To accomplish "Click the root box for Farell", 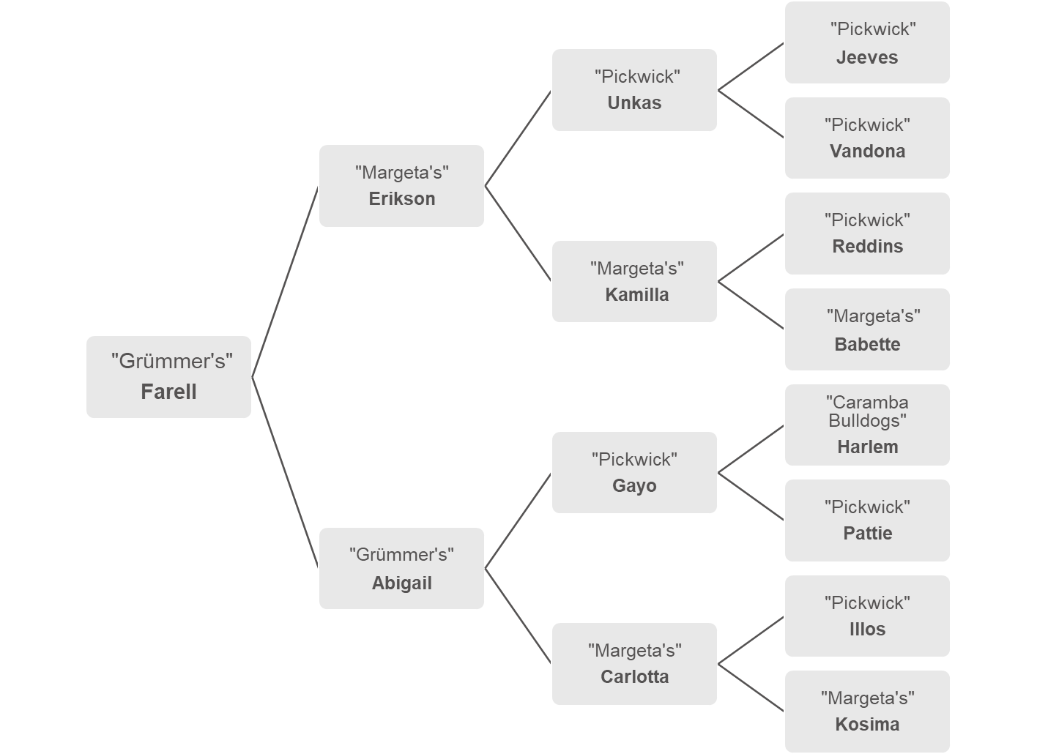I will pos(168,377).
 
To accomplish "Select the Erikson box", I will pos(401,186).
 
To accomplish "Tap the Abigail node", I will pos(401,568).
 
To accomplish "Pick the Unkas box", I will pos(634,90).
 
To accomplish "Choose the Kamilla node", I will pos(634,281).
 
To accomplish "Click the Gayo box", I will pos(634,472).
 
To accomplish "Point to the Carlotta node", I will pos(634,664).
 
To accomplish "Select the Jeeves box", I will pos(867,42).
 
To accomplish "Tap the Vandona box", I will pos(867,138).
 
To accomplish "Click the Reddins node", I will pos(867,234).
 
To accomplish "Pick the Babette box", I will pos(867,329).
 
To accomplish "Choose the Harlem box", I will pos(867,425).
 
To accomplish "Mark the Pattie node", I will pos(867,520).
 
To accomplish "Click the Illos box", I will pos(867,616).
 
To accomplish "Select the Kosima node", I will pos(867,712).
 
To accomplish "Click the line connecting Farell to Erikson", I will pos(285,282).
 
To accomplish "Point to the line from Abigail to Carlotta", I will pos(518,616).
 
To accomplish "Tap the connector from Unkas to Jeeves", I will pos(751,67).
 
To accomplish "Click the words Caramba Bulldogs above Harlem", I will pos(867,411).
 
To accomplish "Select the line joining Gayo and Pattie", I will pos(751,496).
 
